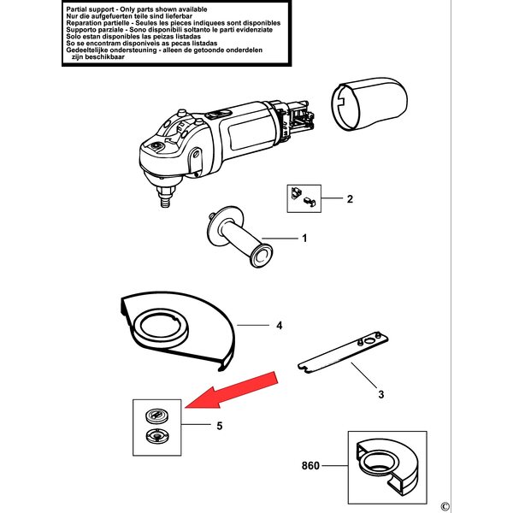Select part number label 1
click(x=304, y=239)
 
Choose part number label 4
click(x=279, y=326)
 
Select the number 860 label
click(x=312, y=467)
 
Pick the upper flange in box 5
click(x=156, y=416)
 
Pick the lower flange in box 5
click(x=156, y=439)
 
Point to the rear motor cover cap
click(x=368, y=101)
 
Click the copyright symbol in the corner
click(x=445, y=503)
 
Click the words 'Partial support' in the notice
click(x=91, y=7)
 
